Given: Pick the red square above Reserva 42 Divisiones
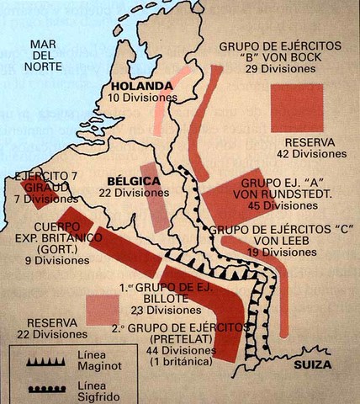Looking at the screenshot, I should (296, 108).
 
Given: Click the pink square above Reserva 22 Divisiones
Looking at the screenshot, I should (102, 308).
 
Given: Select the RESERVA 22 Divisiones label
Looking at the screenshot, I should (52, 329).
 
